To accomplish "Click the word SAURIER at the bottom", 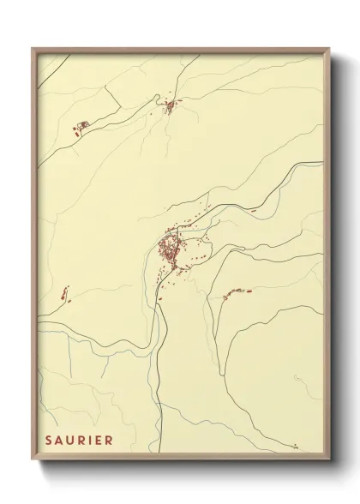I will pos(79,441).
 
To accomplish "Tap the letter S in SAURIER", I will pos(49,441).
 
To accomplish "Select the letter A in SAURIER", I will pos(59,441).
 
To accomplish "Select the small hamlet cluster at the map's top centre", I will pos(170,106).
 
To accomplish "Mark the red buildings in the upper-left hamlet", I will pos(82,127).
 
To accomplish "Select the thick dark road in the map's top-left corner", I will pos(50,71).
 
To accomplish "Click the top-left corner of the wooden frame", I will pos(33,49).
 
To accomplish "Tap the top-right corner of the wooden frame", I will pos(329,49).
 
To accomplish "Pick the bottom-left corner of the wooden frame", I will pos(33,460).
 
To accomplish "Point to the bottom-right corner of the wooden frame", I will pos(329,460).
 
